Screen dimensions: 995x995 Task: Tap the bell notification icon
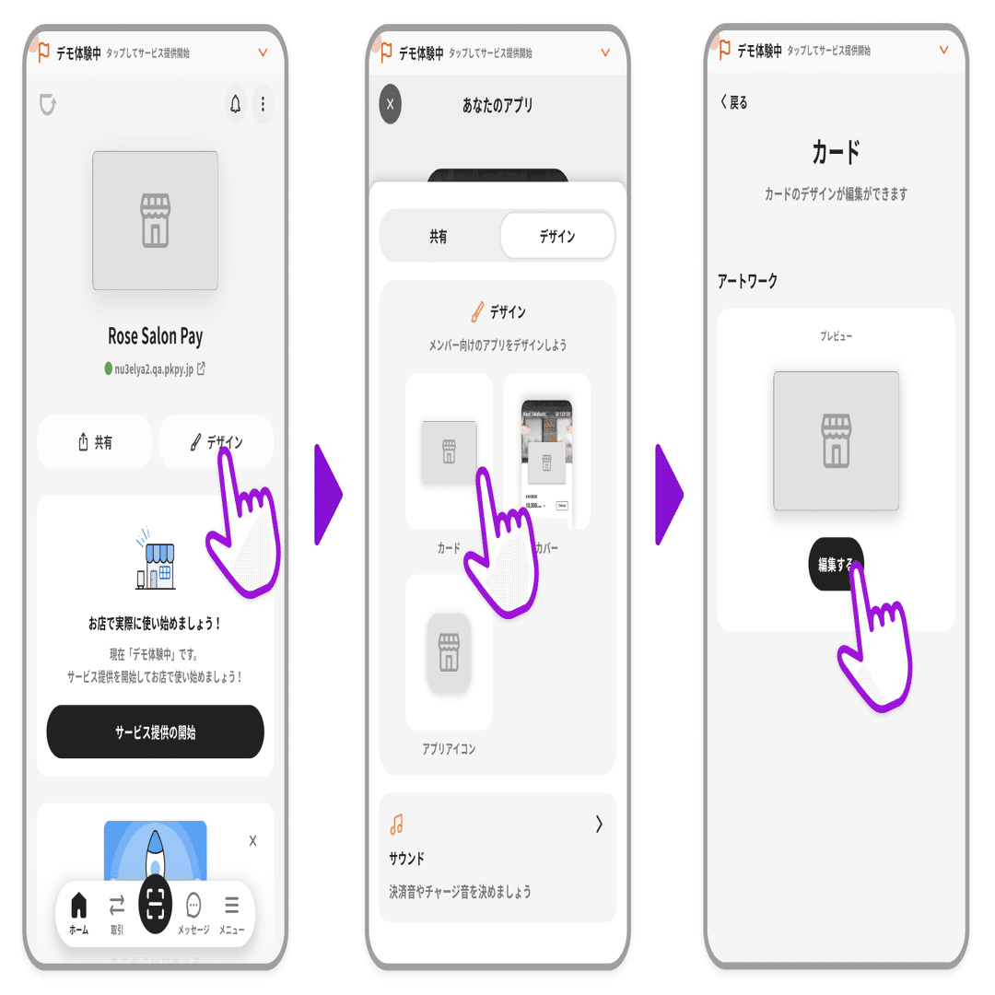[236, 105]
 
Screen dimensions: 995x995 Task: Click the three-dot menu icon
[263, 105]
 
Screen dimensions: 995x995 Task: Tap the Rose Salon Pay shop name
[155, 336]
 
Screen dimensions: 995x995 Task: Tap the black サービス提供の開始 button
[155, 732]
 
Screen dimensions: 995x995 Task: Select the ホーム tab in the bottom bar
[79, 912]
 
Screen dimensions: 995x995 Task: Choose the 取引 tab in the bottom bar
[117, 912]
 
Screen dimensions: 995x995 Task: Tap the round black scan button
[155, 905]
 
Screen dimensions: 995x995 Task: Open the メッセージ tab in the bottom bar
[193, 912]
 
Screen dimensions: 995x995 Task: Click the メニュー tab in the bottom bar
[231, 912]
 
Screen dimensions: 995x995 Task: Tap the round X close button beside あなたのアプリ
[390, 104]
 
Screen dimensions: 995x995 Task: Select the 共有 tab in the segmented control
[439, 237]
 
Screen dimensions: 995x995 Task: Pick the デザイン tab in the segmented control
[556, 237]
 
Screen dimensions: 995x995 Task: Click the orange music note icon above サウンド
[397, 824]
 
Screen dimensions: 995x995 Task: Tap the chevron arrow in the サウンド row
[599, 825]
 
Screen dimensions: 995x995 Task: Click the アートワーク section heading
[747, 282]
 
